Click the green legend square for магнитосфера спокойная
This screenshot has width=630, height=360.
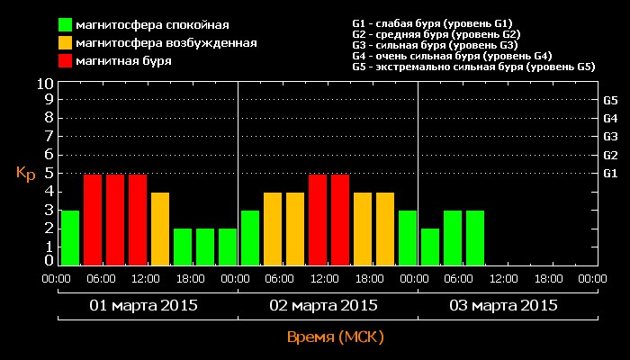click(x=66, y=24)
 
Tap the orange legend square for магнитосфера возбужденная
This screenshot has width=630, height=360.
click(x=66, y=42)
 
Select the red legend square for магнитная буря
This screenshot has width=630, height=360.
click(x=66, y=60)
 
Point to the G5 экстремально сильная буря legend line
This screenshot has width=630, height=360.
click(x=473, y=67)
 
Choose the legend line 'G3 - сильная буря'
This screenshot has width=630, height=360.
click(x=435, y=45)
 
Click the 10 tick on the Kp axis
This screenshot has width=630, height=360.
click(x=46, y=83)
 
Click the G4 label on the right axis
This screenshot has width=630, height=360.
click(x=610, y=118)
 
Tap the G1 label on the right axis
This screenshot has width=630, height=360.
click(x=610, y=173)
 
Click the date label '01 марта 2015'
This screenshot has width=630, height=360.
click(x=144, y=305)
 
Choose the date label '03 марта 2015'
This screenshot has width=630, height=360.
click(x=504, y=305)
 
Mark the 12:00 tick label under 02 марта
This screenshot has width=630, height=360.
click(x=327, y=279)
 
